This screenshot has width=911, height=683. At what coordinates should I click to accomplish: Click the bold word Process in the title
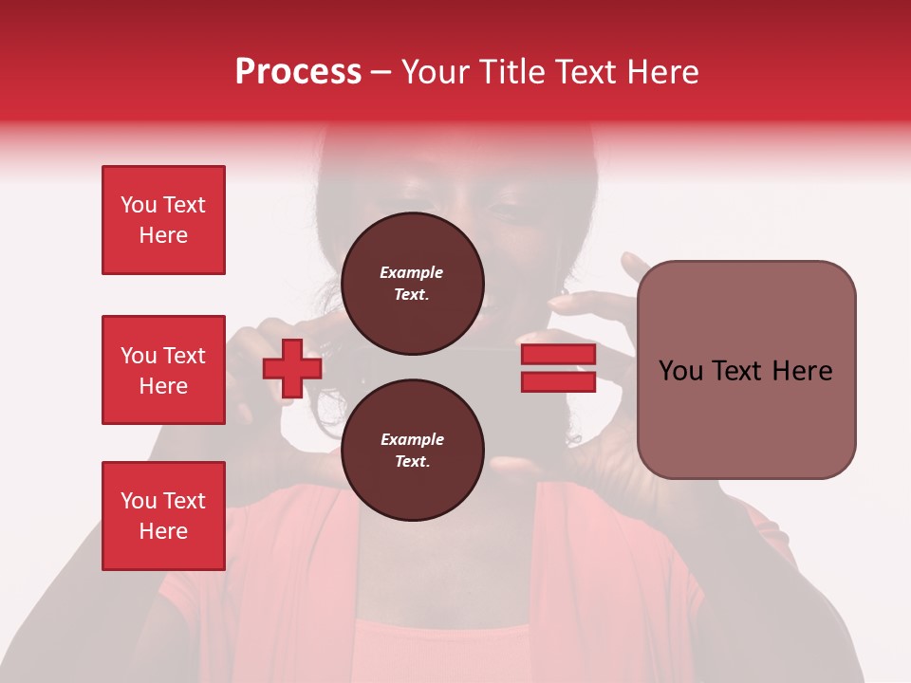298,72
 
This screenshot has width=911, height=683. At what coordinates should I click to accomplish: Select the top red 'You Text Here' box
163,220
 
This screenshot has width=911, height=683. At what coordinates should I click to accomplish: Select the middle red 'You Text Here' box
163,370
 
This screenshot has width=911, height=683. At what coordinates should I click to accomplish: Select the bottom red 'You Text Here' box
163,515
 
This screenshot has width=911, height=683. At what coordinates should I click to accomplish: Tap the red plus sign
291,368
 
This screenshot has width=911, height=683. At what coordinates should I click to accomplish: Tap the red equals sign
558,368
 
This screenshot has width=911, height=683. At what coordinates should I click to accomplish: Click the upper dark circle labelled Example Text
412,284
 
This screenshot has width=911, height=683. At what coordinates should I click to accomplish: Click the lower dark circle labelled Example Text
412,451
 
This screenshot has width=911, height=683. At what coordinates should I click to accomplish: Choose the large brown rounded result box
746,369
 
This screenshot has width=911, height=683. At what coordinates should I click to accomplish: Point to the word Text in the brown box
745,371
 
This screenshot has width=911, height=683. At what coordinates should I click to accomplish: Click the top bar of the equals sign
558,355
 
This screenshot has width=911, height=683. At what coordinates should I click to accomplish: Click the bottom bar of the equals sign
558,381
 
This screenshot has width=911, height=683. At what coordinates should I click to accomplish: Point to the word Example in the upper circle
412,273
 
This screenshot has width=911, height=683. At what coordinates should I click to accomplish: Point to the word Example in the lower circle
412,440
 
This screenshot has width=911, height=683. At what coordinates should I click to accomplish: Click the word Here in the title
660,72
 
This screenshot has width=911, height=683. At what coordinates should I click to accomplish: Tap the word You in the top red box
139,205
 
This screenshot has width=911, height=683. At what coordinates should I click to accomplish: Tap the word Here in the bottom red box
163,531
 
